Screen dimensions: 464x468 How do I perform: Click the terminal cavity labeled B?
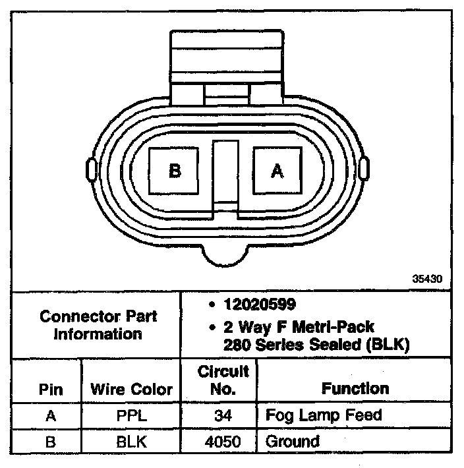(x=173, y=171)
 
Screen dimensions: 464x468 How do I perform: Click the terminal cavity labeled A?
(x=277, y=171)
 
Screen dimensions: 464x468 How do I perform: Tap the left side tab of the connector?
(x=92, y=170)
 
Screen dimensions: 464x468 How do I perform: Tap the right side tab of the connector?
(x=364, y=169)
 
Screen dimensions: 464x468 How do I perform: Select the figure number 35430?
(x=427, y=279)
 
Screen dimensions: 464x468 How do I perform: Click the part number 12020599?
(x=260, y=305)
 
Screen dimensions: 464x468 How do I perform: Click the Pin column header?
(x=51, y=390)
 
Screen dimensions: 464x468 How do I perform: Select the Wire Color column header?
(x=131, y=390)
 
